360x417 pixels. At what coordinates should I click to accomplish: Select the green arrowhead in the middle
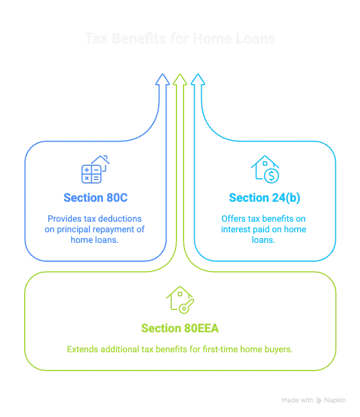181,79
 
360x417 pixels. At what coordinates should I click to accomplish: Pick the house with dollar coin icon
265,169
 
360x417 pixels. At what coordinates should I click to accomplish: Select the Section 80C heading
95,198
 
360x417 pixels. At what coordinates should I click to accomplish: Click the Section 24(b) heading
265,198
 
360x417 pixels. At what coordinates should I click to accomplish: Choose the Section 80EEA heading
181,328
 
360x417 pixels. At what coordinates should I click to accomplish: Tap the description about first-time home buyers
181,349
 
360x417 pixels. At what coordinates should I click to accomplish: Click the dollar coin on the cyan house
271,175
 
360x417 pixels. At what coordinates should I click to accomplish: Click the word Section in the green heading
161,328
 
